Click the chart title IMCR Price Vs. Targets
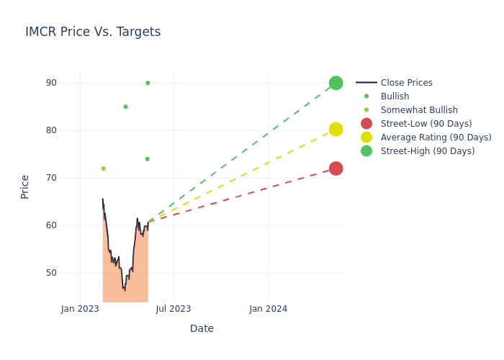tap(93, 32)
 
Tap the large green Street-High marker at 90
tap(336, 83)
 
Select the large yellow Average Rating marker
tap(336, 130)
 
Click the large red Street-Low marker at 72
tap(336, 168)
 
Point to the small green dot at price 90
tap(148, 83)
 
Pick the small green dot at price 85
tap(125, 107)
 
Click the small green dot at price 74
tap(147, 159)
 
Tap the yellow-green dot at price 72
tap(103, 168)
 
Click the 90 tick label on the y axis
tap(51, 83)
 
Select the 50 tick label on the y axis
tap(51, 273)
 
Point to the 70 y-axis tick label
tap(51, 178)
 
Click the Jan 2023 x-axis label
tap(80, 309)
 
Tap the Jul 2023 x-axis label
tap(174, 309)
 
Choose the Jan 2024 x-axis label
tap(269, 309)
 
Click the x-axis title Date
tap(202, 328)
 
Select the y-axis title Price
tap(25, 186)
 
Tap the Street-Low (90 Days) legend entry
tap(426, 124)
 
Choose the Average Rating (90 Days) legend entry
tap(436, 138)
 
